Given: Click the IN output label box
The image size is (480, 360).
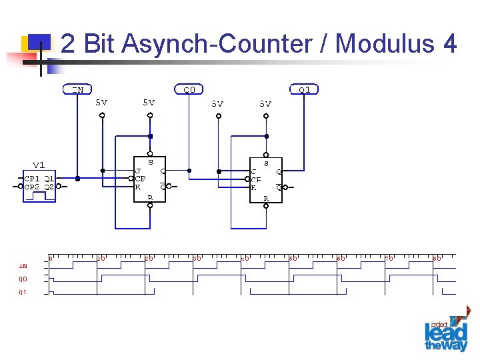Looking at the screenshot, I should (78, 89).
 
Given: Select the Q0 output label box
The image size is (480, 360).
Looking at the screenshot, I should (189, 89).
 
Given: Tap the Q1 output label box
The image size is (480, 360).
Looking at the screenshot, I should (304, 89).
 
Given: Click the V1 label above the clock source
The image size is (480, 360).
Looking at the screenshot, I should (39, 165).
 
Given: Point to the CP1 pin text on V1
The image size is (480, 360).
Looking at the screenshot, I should (32, 179).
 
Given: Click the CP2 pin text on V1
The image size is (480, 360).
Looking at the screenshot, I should (32, 187).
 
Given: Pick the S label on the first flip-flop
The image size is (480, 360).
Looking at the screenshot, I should (150, 162).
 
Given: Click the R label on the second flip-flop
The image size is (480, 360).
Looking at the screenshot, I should (265, 198).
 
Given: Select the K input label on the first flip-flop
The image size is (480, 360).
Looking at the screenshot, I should (138, 187).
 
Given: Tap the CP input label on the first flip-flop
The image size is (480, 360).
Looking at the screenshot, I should (140, 179).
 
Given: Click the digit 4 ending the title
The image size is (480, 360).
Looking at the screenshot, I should (449, 44).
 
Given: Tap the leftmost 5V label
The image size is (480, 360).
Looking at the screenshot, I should (101, 103).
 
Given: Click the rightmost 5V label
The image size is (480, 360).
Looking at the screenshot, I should (265, 103).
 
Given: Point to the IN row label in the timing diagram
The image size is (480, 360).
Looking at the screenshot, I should (23, 266).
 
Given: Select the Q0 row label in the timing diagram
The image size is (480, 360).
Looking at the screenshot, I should (23, 279).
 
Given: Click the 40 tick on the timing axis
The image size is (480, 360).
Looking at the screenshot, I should (245, 257).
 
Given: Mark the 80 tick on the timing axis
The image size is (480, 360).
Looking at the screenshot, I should (437, 257).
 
